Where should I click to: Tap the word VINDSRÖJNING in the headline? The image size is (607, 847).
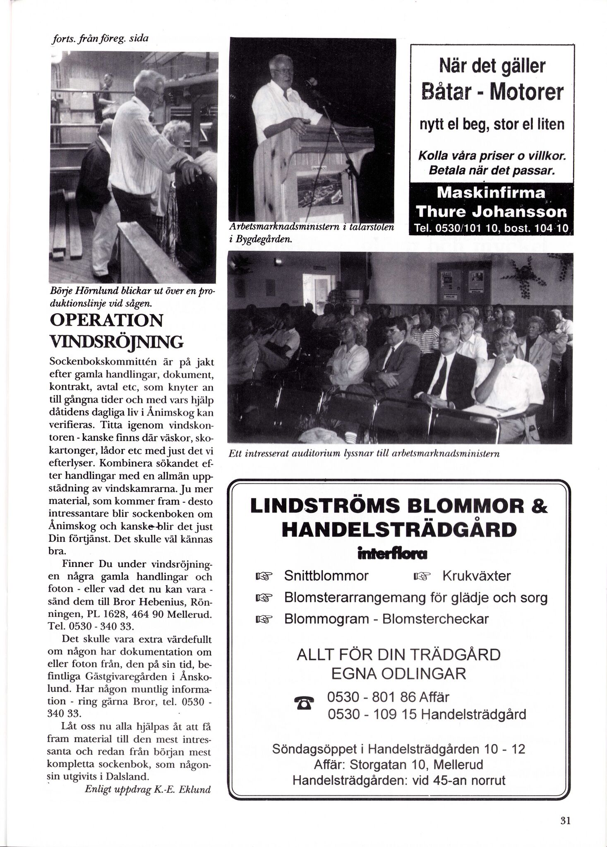point(116,342)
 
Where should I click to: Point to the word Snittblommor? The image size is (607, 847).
point(326,576)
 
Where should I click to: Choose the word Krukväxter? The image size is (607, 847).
point(476,576)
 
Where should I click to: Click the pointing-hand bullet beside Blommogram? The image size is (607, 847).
point(263,619)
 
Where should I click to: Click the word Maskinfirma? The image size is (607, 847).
point(491,193)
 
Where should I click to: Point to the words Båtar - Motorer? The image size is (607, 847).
point(492,92)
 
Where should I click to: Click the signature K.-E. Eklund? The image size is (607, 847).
point(182,789)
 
